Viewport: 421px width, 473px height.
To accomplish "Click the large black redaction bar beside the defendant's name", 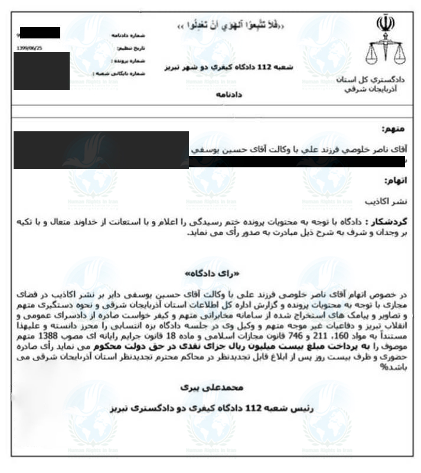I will [100, 150].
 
